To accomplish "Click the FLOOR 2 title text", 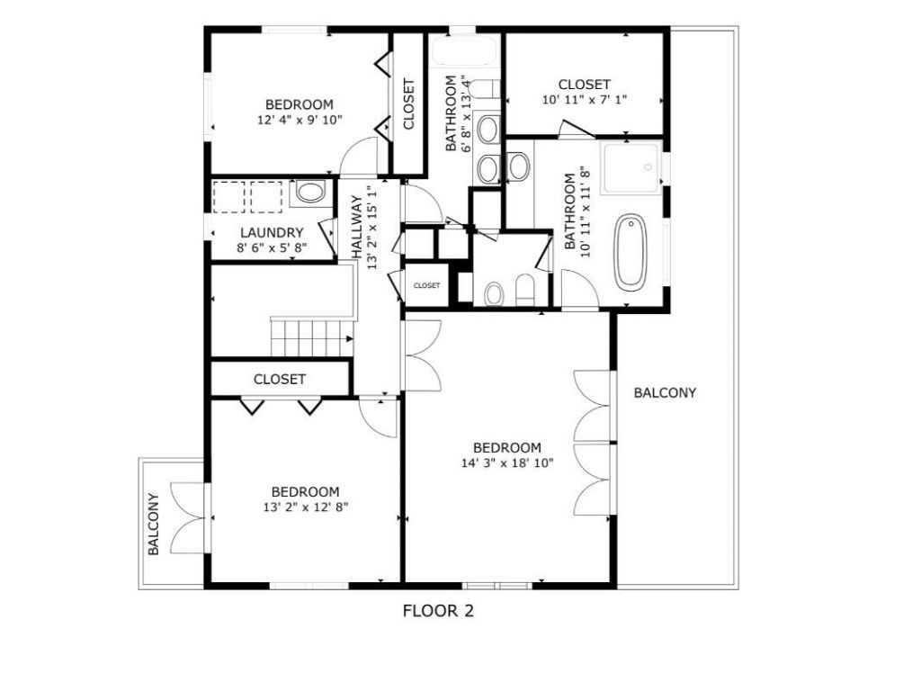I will point(438,612).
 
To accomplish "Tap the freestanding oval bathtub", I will point(630,252).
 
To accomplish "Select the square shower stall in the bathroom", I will point(631,166).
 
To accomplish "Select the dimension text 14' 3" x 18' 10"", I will point(507,463).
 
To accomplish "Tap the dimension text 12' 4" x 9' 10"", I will point(299,119).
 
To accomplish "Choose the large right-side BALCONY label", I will point(665,392).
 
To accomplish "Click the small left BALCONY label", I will point(153,524).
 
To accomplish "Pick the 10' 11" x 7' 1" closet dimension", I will point(585,100).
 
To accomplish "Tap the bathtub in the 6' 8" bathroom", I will point(464,52).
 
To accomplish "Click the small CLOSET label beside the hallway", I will point(426,285).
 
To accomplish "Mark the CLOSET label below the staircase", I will point(279,380).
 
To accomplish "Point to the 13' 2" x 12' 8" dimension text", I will point(305,507).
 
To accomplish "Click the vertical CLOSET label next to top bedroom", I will point(408,104).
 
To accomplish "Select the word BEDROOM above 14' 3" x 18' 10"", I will point(507,448).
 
